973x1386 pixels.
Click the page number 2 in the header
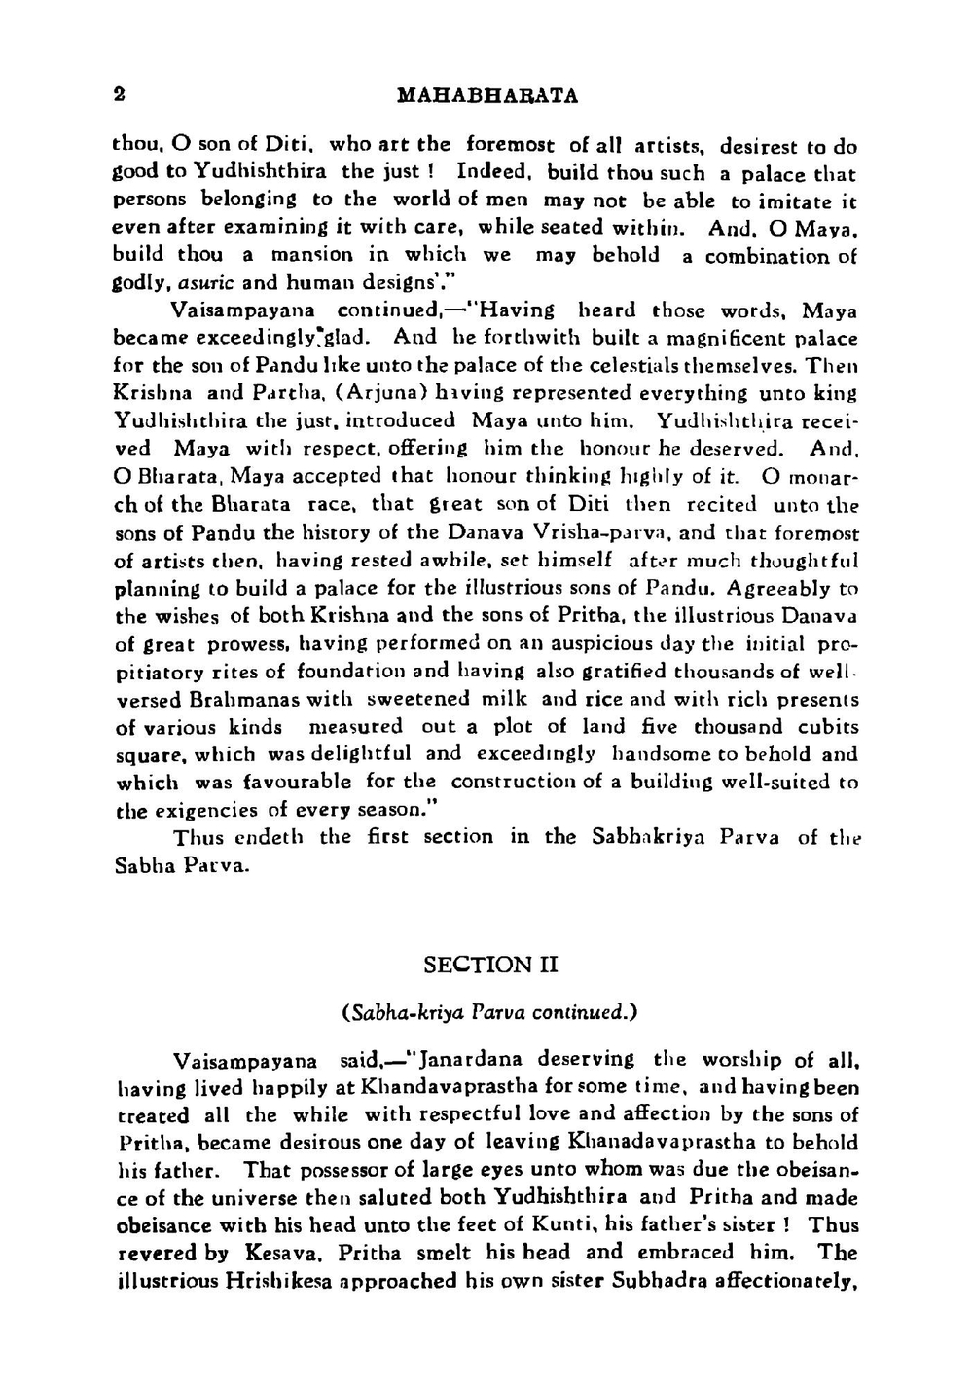119,94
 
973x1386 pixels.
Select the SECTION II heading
490,965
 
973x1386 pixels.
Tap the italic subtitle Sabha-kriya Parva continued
489,1012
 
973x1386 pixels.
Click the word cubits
828,727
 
